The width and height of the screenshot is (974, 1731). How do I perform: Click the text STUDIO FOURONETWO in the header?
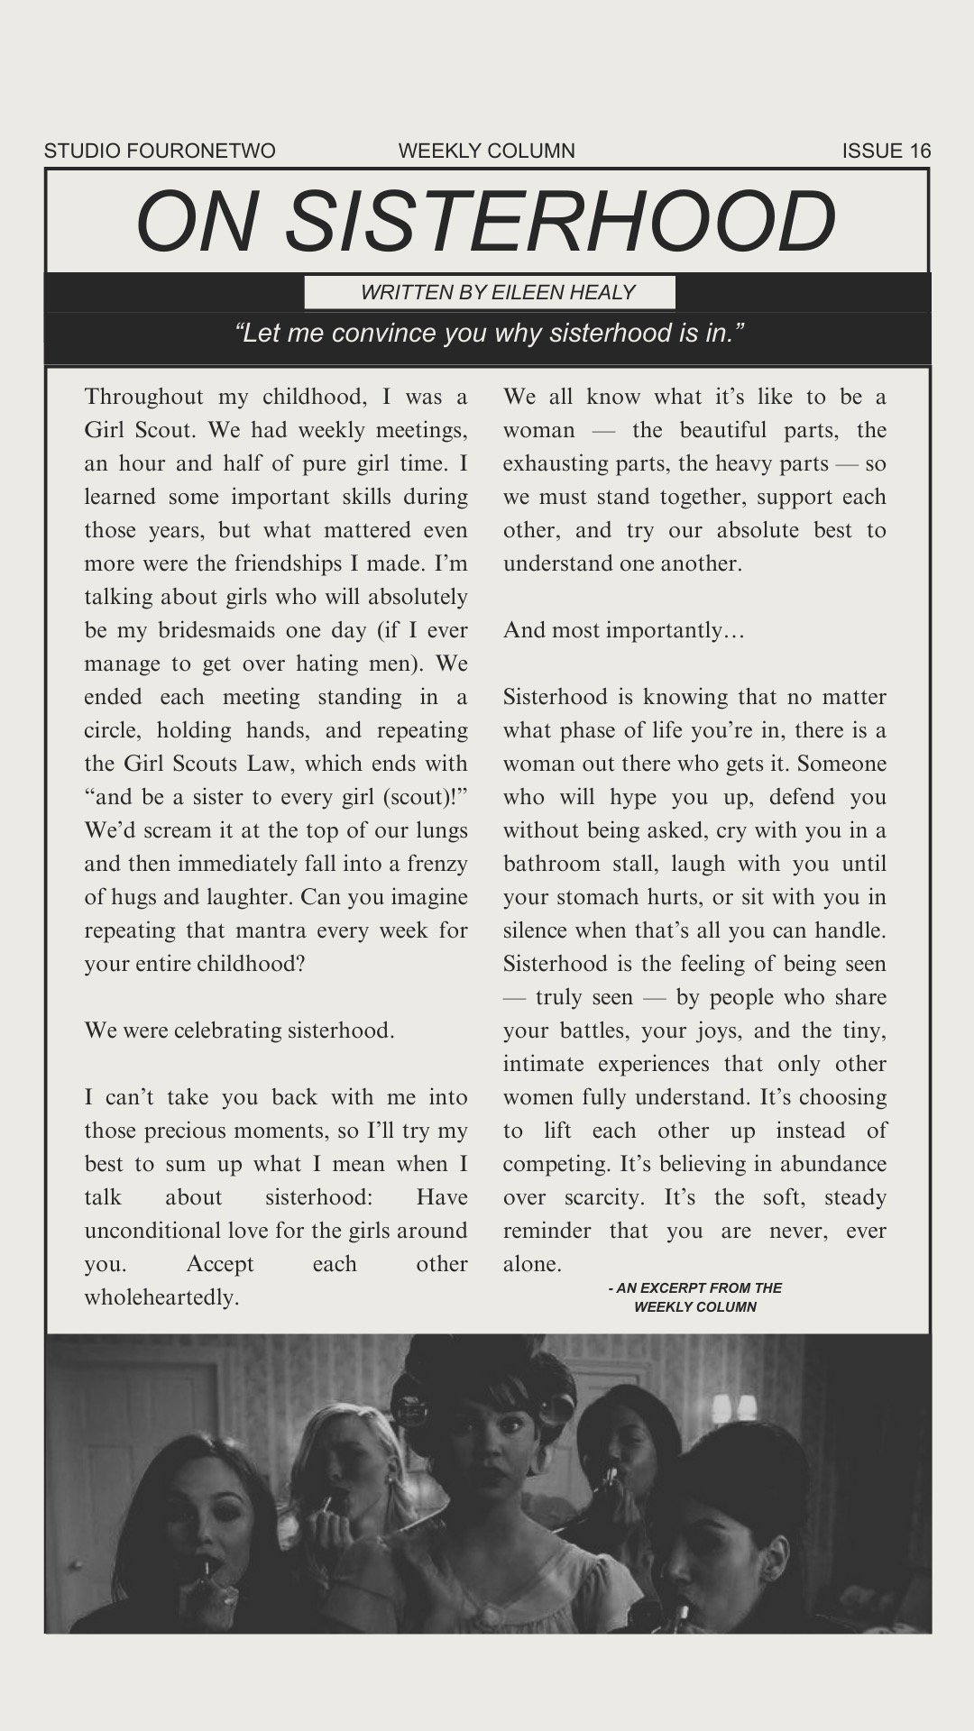coord(160,151)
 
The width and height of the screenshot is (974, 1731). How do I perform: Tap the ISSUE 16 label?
coord(886,151)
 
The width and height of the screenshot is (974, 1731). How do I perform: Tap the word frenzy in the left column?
coord(437,864)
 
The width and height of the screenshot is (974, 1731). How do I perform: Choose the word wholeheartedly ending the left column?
coord(161,1297)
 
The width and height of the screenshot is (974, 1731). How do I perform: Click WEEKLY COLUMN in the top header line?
coord(486,151)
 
